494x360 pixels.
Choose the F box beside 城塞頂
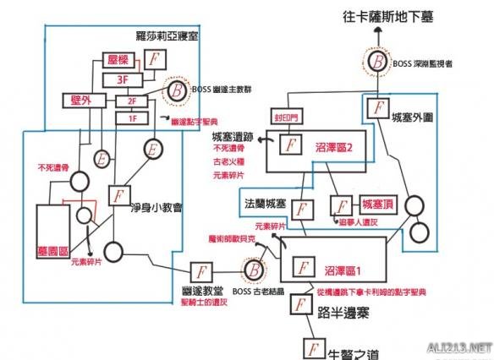pyautogui.click(x=342, y=205)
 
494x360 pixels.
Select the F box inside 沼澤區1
pyautogui.click(x=300, y=266)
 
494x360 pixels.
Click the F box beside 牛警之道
pyautogui.click(x=312, y=348)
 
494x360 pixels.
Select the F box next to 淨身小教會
pyautogui.click(x=118, y=195)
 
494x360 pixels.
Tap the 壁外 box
pyautogui.click(x=78, y=101)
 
